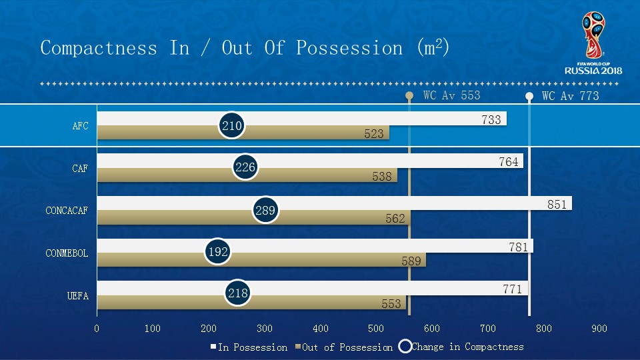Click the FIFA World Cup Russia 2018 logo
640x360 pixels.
tap(593, 44)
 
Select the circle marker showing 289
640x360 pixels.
tap(265, 211)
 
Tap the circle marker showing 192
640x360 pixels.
tap(218, 252)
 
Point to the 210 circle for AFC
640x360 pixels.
tap(231, 125)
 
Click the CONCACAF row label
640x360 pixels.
tap(67, 211)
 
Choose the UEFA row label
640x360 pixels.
tap(77, 295)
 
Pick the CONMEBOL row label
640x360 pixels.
tap(67, 253)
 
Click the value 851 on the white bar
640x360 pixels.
tap(557, 205)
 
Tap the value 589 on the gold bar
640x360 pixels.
tap(411, 261)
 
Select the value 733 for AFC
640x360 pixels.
tap(491, 121)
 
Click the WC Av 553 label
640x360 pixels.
tap(451, 95)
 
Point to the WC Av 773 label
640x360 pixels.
tap(570, 96)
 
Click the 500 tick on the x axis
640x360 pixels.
tap(376, 328)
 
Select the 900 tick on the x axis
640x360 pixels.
tap(599, 328)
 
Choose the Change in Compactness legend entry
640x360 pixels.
tap(467, 347)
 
